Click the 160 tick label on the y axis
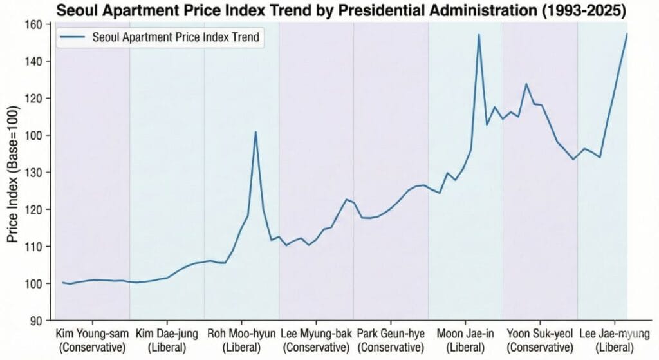pos(33,24)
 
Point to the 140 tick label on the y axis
pos(33,61)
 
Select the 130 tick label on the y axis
pos(33,173)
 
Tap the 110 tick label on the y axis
pos(33,247)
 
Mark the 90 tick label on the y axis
pos(36,321)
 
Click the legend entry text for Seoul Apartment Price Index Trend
pos(176,37)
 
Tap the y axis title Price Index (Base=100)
pos(14,174)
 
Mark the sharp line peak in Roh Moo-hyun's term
pos(255,132)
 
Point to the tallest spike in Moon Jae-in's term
pos(479,35)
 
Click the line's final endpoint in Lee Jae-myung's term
pos(627,33)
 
